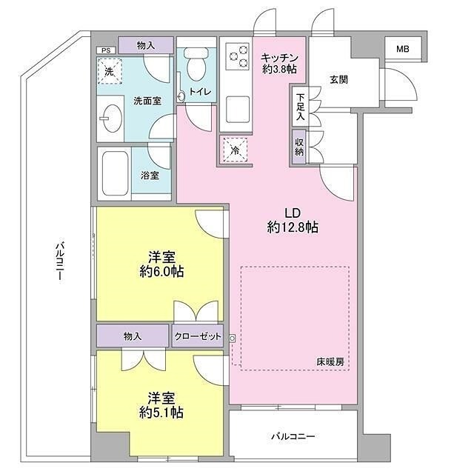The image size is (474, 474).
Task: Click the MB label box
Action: [x=401, y=49]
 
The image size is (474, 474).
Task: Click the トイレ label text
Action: [x=200, y=92]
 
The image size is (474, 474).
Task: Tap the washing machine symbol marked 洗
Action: [x=109, y=72]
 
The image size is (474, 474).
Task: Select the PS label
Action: [x=105, y=50]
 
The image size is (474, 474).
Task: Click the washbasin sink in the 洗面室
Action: [x=111, y=118]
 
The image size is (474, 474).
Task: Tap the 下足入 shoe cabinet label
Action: [x=299, y=106]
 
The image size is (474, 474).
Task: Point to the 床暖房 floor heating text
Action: [x=330, y=362]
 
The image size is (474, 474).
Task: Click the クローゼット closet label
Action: [x=198, y=336]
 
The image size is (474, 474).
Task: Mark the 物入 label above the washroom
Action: [x=147, y=45]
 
